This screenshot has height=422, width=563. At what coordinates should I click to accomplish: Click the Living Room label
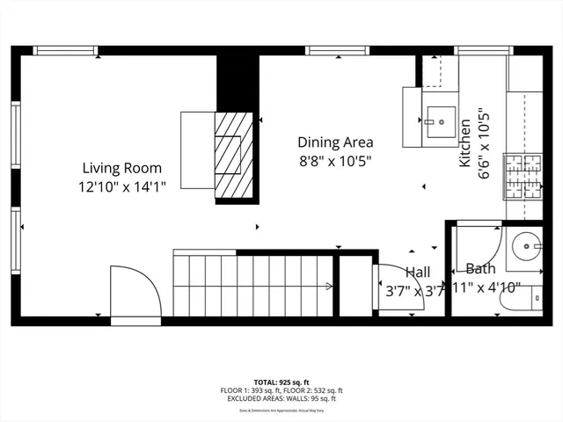[122, 167]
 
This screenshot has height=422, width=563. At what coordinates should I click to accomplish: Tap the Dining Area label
[335, 142]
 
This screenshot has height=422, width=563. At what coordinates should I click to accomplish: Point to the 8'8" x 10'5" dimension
[335, 160]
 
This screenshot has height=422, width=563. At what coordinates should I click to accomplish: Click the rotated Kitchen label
[464, 146]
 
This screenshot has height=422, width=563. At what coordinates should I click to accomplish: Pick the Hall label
[418, 273]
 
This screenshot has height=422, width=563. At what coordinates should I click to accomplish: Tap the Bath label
[480, 268]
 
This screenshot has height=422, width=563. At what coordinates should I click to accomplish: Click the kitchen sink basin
[439, 118]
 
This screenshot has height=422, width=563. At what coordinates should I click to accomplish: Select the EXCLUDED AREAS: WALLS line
[281, 398]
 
